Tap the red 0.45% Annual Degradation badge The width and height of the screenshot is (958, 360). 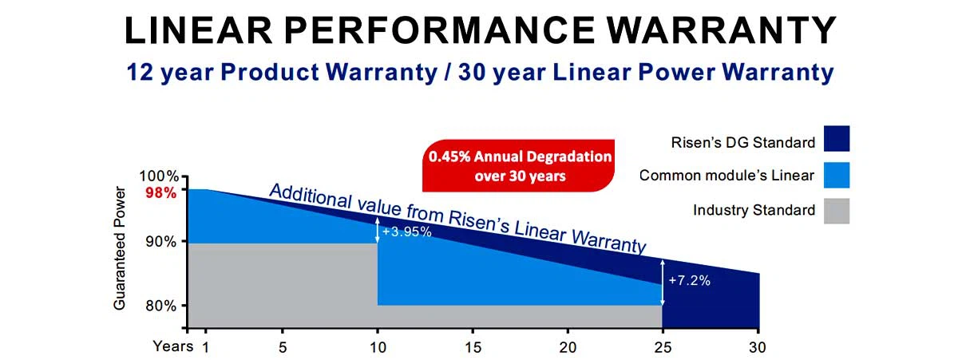(x=520, y=166)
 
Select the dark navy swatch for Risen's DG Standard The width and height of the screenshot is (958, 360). (x=837, y=138)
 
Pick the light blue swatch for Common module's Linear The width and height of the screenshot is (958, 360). (x=837, y=175)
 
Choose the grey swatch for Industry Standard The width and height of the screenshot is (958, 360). (x=837, y=211)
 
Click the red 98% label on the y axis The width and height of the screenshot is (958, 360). (x=160, y=192)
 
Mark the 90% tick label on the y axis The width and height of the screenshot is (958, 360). (x=160, y=242)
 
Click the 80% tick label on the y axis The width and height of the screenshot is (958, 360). (x=160, y=306)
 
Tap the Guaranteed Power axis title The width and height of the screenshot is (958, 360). (x=120, y=248)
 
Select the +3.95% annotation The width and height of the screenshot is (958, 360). (x=406, y=232)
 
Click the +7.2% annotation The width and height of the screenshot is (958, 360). (x=689, y=281)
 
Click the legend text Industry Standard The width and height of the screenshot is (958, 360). (x=754, y=211)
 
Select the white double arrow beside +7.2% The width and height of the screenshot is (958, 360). (x=663, y=282)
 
